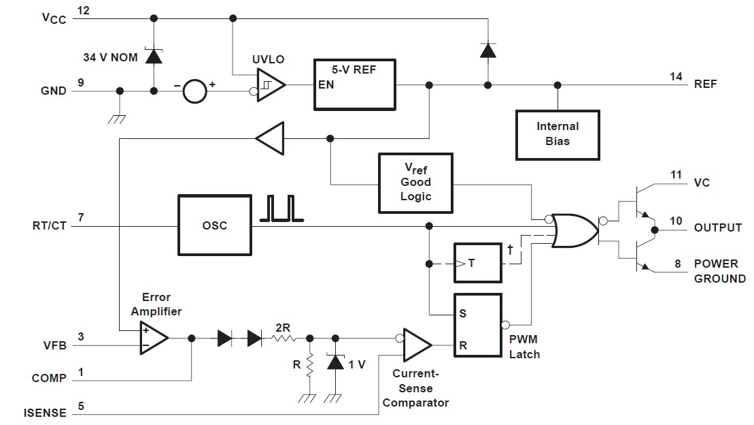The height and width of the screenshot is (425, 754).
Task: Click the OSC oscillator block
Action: tap(214, 225)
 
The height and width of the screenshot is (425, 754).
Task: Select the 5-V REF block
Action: tap(354, 84)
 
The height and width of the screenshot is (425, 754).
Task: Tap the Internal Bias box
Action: tap(558, 133)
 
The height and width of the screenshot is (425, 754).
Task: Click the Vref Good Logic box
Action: tap(415, 182)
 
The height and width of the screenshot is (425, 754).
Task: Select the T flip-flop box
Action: tap(478, 262)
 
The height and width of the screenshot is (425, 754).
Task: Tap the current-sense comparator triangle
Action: tap(416, 346)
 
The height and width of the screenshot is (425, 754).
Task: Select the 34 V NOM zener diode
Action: tap(154, 56)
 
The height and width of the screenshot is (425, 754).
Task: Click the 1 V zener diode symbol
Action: tap(335, 363)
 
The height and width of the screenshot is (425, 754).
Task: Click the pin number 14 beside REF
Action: tap(675, 77)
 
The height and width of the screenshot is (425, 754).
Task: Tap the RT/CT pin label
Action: tap(49, 225)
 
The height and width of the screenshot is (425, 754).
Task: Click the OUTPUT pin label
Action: tap(718, 227)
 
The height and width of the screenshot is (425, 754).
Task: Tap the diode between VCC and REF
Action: tap(487, 50)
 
